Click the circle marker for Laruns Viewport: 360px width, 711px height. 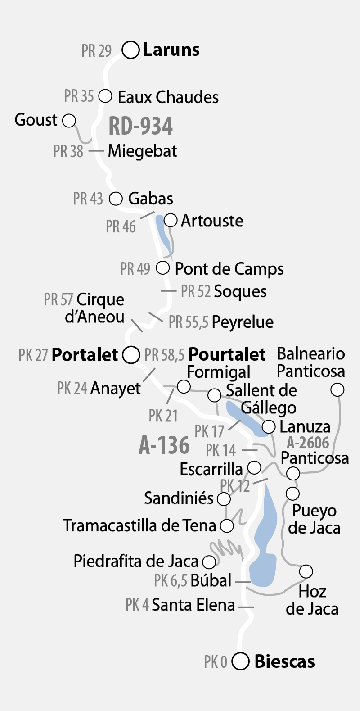coord(131,50)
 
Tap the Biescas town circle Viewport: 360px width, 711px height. coord(241,661)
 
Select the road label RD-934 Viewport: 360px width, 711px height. coord(141,126)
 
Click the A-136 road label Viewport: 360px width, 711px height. coord(164,445)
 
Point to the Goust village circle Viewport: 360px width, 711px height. coord(69,121)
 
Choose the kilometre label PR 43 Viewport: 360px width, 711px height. coord(88,199)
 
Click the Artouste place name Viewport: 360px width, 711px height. coord(212,221)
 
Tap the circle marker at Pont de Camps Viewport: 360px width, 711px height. coord(162,268)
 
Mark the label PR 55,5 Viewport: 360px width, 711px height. coord(189,322)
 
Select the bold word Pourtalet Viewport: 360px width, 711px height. coord(227,354)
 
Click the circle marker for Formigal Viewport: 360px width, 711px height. coord(184,386)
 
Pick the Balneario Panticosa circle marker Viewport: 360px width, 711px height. coord(337,389)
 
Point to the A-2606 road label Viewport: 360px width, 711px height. coord(308,443)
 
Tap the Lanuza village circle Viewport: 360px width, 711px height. coord(269,426)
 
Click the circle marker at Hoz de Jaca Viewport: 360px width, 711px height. coord(306,571)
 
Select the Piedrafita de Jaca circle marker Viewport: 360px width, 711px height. coord(209,562)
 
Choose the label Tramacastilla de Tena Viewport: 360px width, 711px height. coord(139,525)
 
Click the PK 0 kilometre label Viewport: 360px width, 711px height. coord(216,662)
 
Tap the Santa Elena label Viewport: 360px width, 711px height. coord(193,605)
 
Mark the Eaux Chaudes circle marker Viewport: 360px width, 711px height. coord(105,96)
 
